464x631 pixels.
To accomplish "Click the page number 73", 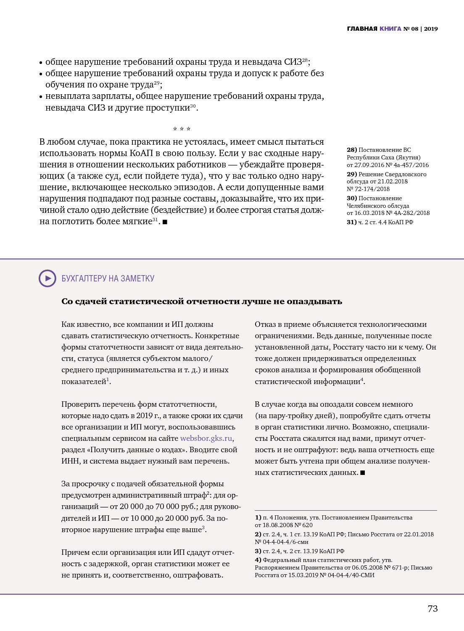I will (x=432, y=608).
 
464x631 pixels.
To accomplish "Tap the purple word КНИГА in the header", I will (x=390, y=29).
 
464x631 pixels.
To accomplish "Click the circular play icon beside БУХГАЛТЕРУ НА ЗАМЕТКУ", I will (x=47, y=278).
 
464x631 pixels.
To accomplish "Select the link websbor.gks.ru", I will (x=206, y=438).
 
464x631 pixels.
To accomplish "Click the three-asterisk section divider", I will (x=182, y=129).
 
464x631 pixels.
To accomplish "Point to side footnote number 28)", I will (x=352, y=150).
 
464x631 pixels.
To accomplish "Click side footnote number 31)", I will (x=352, y=222).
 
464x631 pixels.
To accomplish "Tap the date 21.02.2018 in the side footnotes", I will (x=393, y=181).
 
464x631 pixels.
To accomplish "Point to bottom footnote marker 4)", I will (x=258, y=560).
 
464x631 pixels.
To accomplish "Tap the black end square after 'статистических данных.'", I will (x=363, y=472).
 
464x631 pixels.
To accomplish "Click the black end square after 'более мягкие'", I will (x=165, y=222).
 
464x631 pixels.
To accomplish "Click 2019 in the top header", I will (x=431, y=29).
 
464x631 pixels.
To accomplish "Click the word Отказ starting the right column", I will (x=265, y=324).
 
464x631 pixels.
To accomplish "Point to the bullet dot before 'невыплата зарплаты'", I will (x=41, y=97).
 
